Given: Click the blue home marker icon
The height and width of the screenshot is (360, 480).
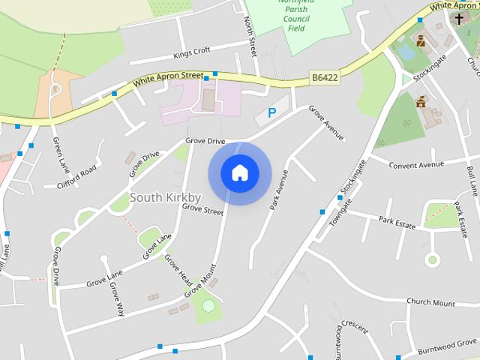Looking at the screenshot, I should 239,173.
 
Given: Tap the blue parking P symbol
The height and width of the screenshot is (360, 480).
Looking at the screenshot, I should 271,113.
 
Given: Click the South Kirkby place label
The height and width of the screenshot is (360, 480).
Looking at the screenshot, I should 165,197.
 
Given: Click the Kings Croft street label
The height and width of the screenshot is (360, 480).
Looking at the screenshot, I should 191,53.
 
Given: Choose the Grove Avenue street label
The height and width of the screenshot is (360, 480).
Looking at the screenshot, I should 326,122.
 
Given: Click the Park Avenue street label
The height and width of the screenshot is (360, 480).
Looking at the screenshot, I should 279,189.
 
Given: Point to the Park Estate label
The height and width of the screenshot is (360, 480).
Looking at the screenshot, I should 397,221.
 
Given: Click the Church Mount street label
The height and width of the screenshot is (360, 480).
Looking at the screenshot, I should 430,303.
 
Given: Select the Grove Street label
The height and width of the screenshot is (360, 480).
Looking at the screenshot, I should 202,209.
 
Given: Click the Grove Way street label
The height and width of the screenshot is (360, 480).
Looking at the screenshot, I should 115,298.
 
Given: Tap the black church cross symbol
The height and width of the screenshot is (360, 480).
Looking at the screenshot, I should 458,17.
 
